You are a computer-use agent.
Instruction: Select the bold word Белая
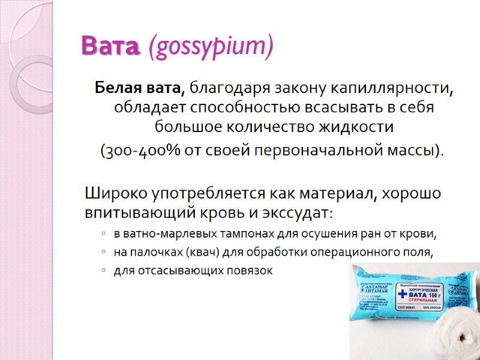click(116, 89)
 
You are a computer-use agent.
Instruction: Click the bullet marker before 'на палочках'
click(104, 253)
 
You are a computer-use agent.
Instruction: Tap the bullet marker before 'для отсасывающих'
click(104, 271)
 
